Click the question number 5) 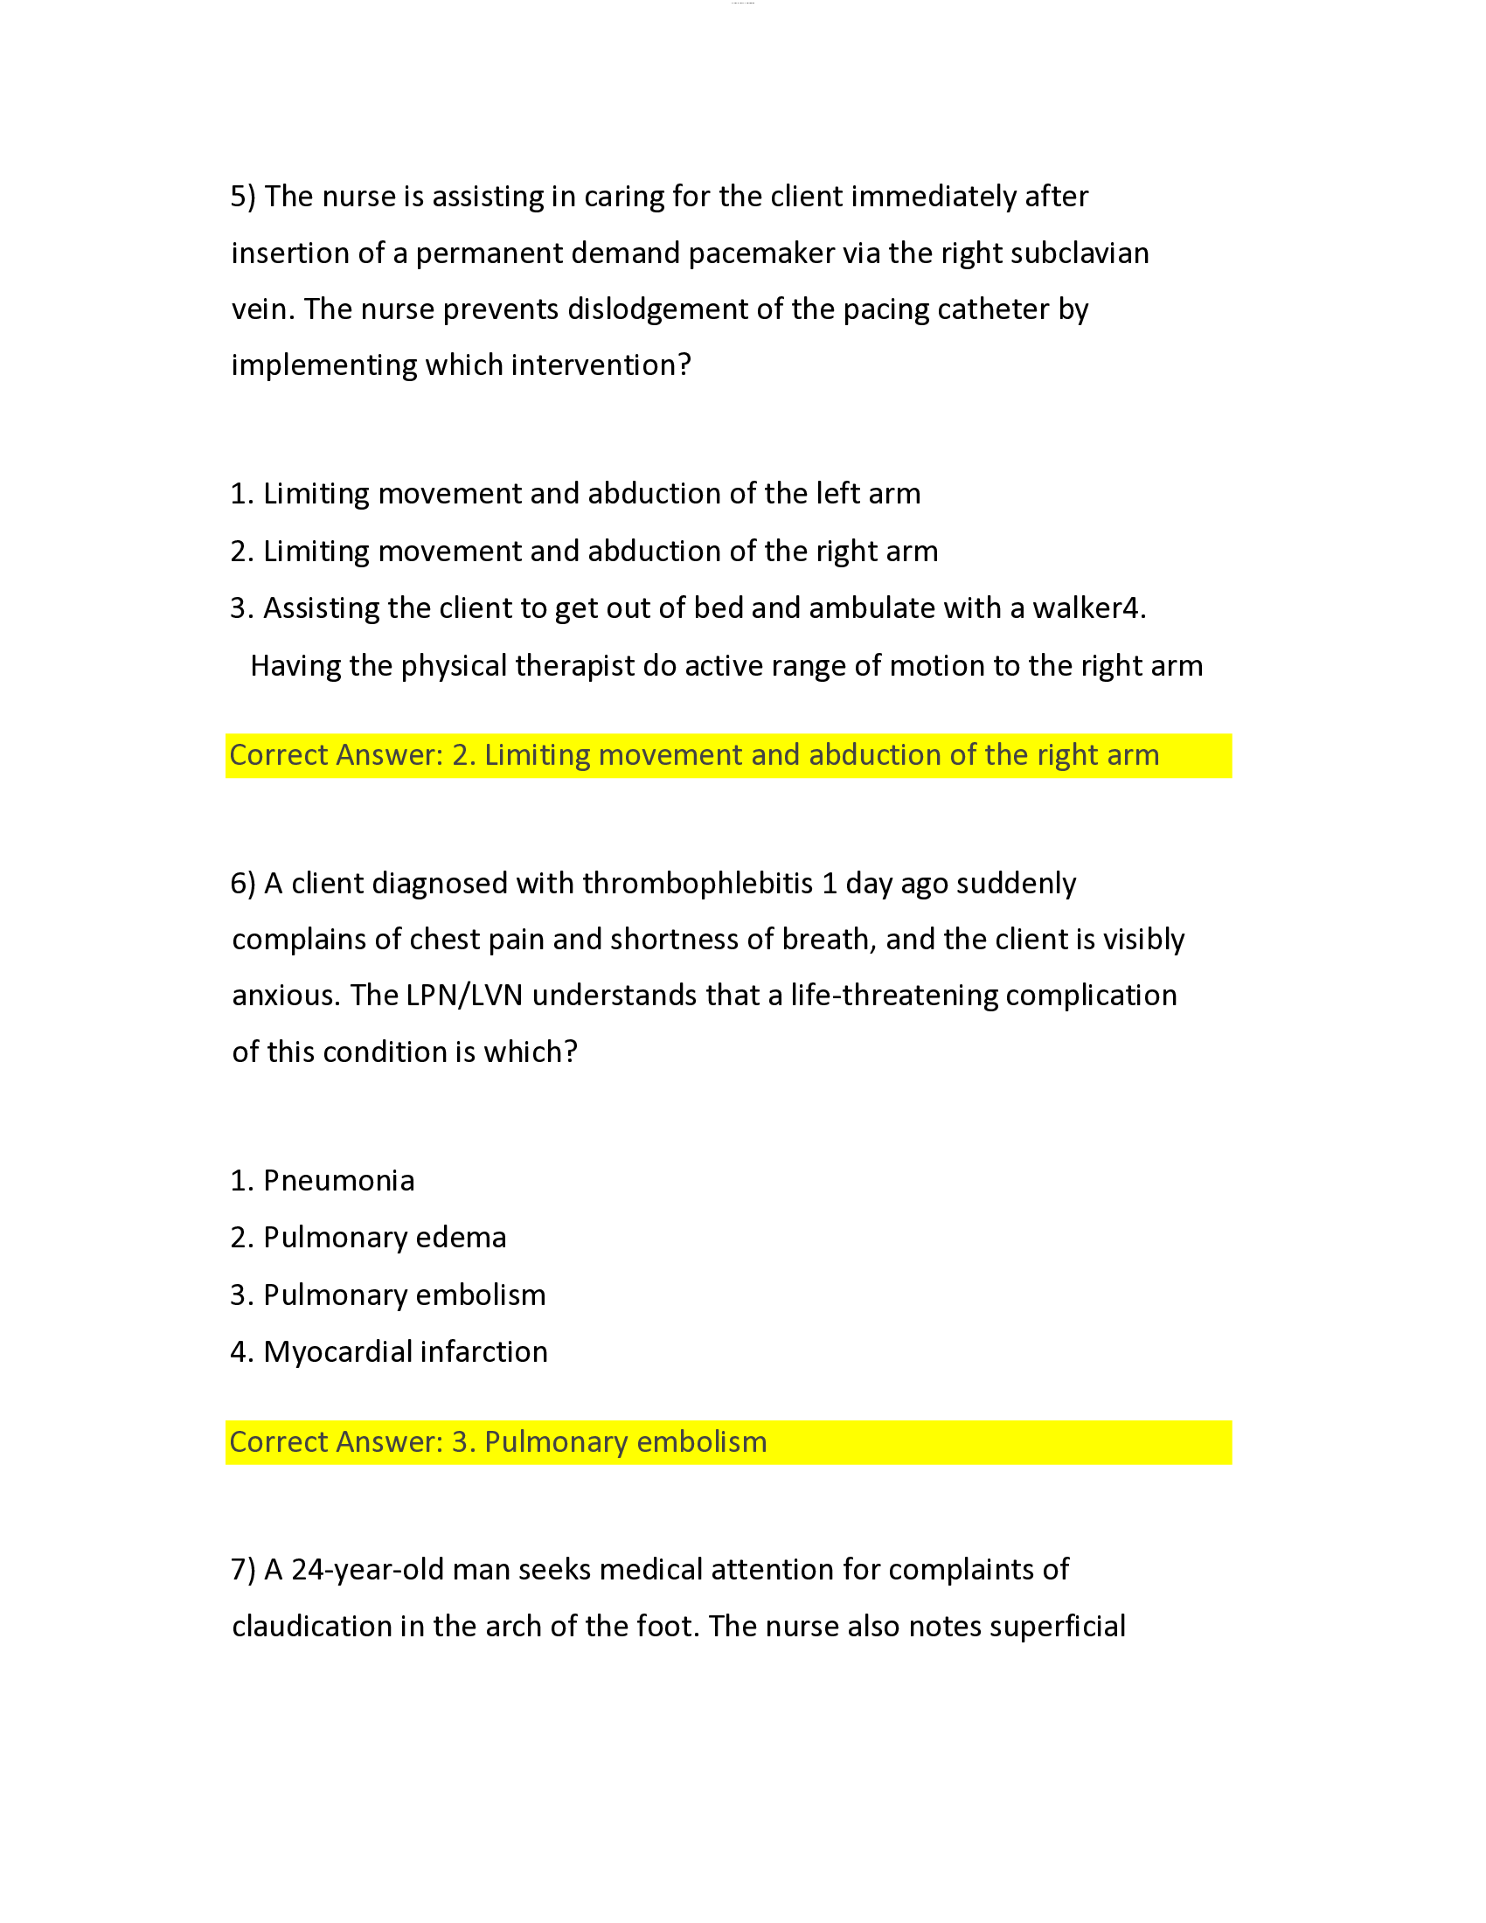tap(243, 197)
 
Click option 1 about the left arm tap(575, 494)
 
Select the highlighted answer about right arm tap(694, 755)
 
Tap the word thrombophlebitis tap(698, 883)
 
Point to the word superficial tap(1057, 1627)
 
